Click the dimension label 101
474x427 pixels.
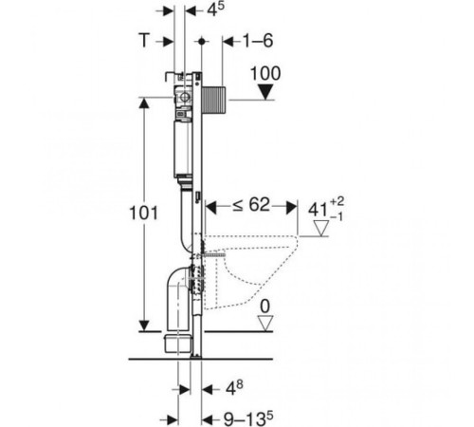point(143,213)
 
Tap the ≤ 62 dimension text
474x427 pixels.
point(251,205)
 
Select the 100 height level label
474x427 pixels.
point(265,73)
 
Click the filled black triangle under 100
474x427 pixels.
point(265,92)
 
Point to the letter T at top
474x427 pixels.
point(144,41)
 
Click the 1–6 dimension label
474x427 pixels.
point(258,41)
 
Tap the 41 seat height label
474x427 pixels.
point(325,209)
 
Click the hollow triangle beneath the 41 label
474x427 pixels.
point(321,229)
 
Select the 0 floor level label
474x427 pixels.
point(265,306)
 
